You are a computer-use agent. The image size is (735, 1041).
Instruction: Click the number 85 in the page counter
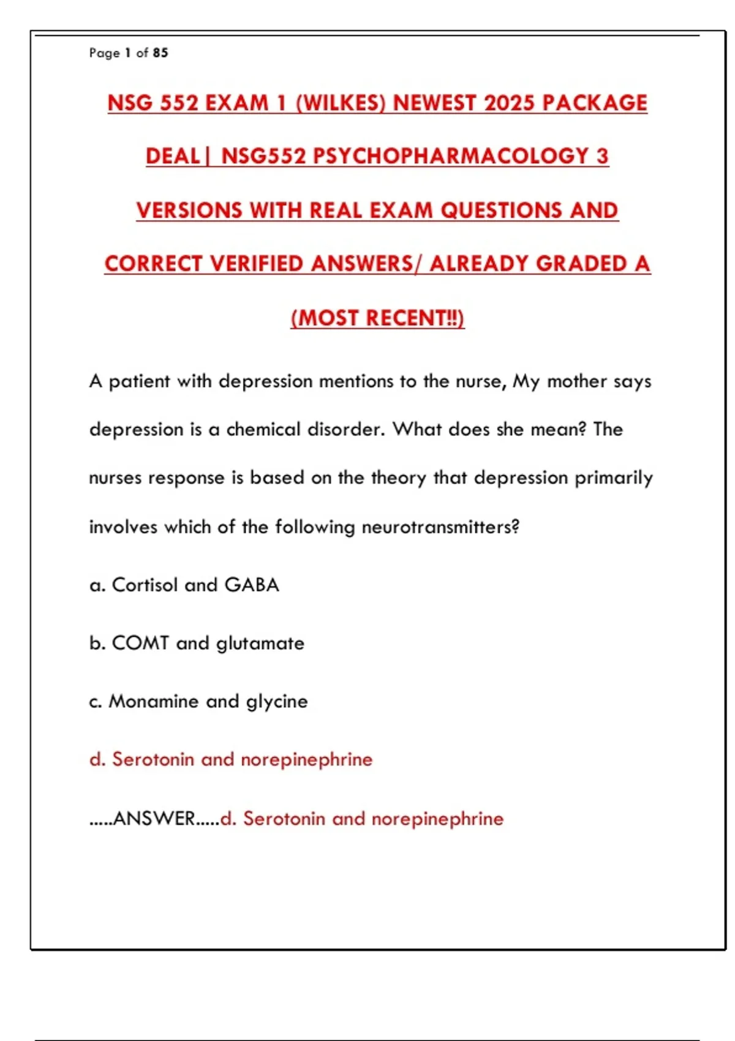point(160,53)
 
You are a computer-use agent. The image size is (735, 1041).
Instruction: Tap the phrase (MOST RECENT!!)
point(377,318)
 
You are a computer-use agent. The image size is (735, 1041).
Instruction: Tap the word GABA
point(252,585)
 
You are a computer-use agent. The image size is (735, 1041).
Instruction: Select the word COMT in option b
point(140,643)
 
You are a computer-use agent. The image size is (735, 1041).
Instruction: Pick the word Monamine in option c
point(153,701)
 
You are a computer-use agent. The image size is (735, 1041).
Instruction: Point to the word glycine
point(277,702)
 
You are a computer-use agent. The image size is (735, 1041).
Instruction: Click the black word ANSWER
point(154,819)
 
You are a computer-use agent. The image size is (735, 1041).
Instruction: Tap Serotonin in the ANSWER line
point(284,819)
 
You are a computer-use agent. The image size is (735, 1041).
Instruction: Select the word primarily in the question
point(613,478)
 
